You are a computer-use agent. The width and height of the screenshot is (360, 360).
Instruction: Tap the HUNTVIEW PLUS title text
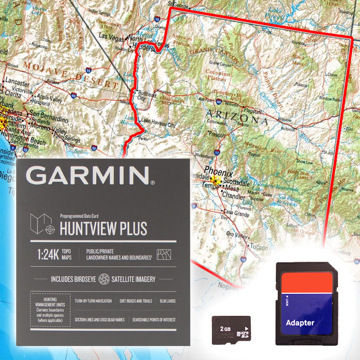pyautogui.click(x=103, y=228)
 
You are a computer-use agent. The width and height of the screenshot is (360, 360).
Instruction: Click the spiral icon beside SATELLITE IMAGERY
pyautogui.click(x=104, y=279)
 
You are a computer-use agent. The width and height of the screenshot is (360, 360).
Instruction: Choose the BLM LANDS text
pyautogui.click(x=167, y=301)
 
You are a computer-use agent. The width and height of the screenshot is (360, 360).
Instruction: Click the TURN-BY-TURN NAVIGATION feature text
pyautogui.click(x=93, y=301)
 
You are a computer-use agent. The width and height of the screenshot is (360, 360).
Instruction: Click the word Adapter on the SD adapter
pyautogui.click(x=300, y=323)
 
